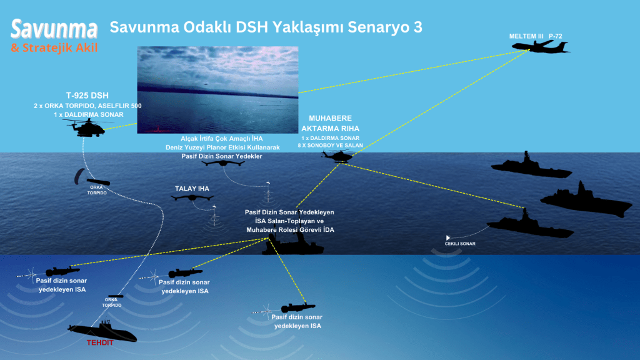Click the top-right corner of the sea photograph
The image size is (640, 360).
[x=298, y=46]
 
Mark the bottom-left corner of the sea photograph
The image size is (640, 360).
[x=137, y=134]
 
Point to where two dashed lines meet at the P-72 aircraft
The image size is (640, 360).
[x=529, y=50]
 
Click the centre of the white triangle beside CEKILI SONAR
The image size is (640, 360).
[x=447, y=237]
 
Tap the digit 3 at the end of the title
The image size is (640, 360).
[x=417, y=27]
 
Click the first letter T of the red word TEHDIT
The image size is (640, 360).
[x=89, y=342]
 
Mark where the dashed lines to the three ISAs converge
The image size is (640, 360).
[x=269, y=238]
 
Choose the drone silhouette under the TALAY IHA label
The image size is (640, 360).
[x=192, y=198]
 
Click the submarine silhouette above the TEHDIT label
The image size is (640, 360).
[x=102, y=331]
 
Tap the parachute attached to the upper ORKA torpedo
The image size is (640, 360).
[x=79, y=176]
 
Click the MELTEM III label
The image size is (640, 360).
[x=526, y=36]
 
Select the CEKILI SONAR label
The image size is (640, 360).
[x=460, y=244]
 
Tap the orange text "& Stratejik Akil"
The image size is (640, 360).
[x=54, y=47]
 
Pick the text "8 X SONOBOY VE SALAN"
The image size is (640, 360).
[x=330, y=145]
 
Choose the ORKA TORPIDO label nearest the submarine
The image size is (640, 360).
[x=111, y=302]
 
